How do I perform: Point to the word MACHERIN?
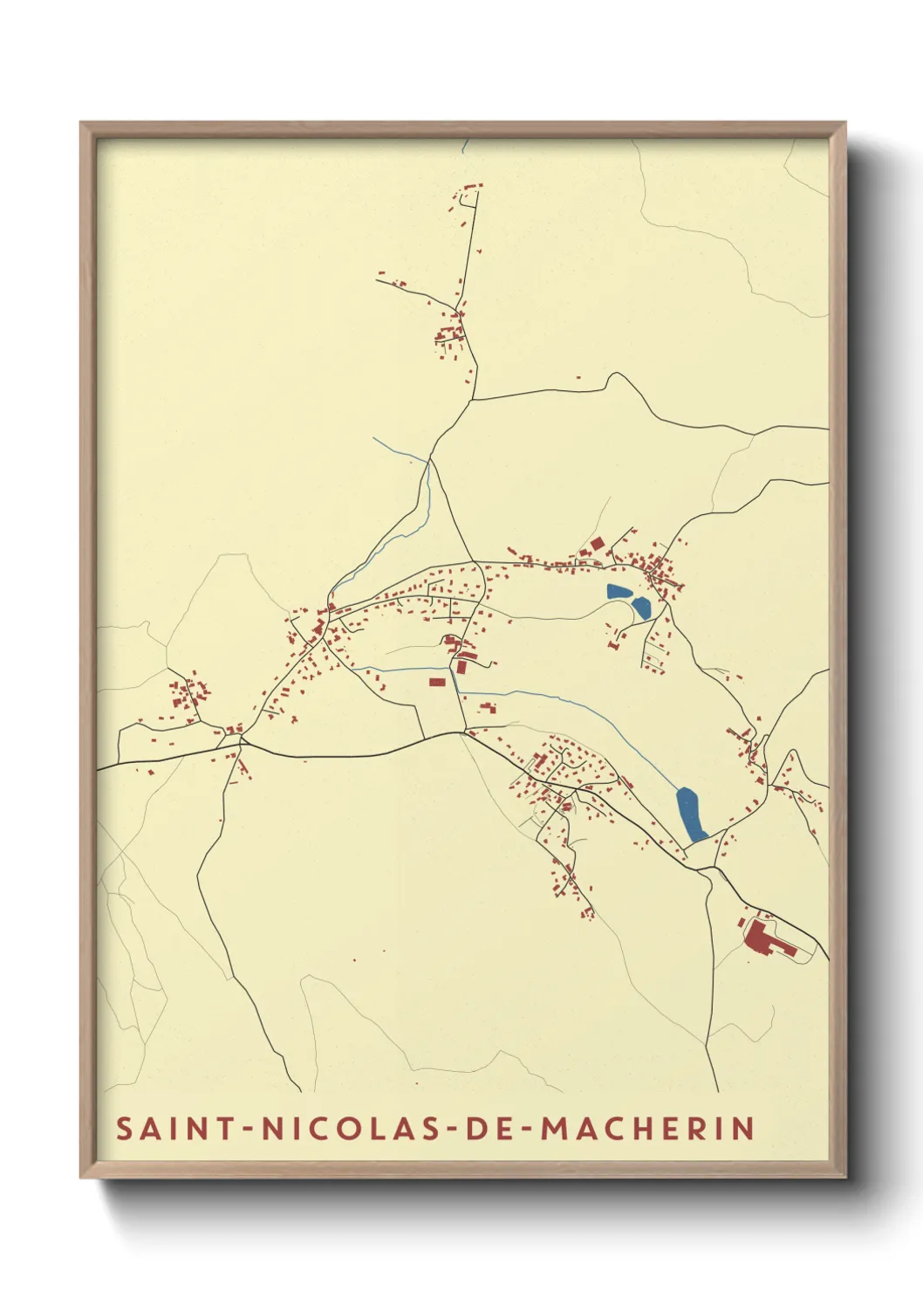[647, 1128]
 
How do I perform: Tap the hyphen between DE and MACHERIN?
[529, 1129]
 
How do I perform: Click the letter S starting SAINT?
[125, 1128]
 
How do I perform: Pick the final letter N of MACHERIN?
[743, 1128]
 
